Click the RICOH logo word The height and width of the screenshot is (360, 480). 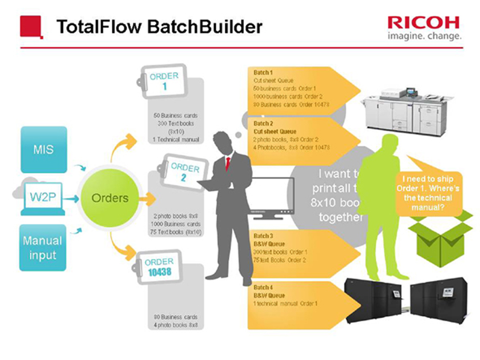pos(423,23)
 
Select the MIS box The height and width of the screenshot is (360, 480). pos(44,149)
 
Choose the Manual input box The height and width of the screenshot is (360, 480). pos(43,248)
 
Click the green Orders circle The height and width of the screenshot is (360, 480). pos(110,198)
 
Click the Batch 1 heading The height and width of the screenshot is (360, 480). pos(263,73)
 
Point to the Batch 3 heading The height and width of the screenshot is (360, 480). pos(263,236)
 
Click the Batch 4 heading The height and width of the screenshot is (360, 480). pos(263,287)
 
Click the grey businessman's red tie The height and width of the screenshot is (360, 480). pos(228,163)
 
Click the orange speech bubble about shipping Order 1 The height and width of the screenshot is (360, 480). pos(427,193)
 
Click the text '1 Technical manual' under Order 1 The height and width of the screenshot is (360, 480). pos(176,139)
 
